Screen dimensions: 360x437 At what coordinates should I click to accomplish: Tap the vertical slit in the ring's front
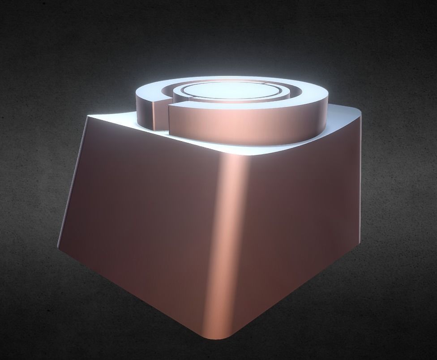pos(167,117)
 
